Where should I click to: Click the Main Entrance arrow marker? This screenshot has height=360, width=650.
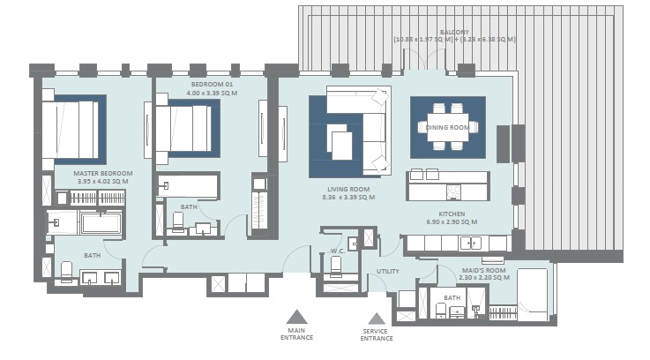(297, 316)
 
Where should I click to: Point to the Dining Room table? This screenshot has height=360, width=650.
(448, 126)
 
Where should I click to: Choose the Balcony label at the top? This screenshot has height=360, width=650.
(454, 32)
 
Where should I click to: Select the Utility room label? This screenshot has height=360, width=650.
(388, 272)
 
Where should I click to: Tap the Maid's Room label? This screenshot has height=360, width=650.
(483, 269)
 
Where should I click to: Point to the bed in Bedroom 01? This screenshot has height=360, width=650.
(186, 129)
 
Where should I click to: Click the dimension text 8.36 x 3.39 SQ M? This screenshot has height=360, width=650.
(348, 198)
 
